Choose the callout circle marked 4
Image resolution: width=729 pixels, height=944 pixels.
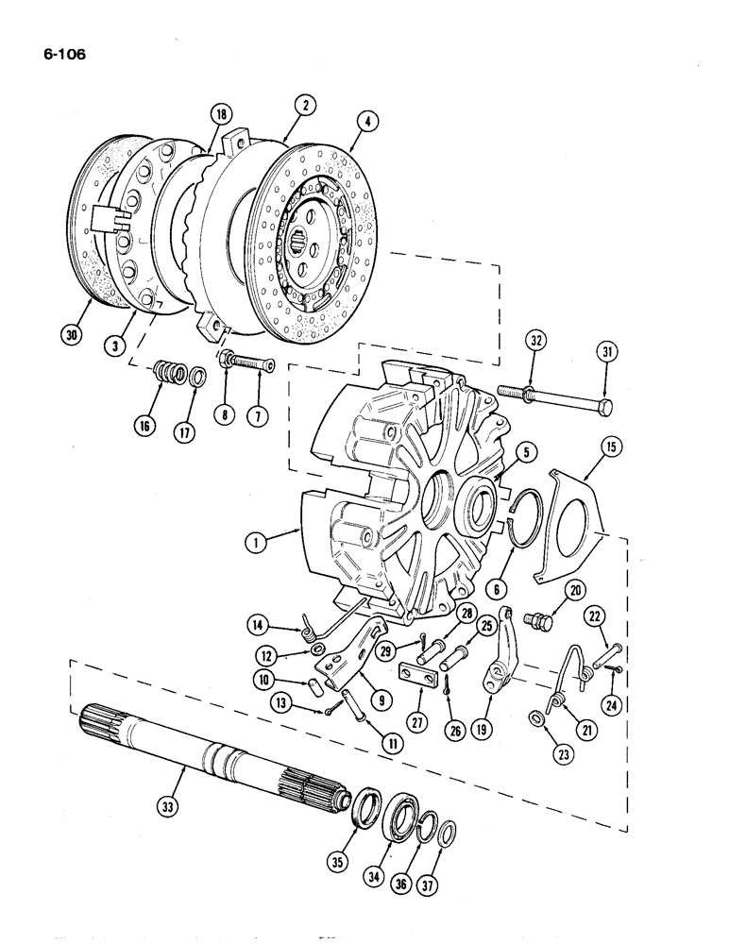click(x=364, y=120)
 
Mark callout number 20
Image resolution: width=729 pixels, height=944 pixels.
click(x=574, y=590)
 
